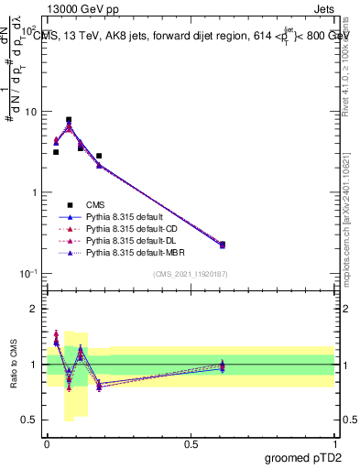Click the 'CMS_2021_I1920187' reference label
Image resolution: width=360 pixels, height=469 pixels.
tap(191, 275)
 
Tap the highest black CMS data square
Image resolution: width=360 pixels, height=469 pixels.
tap(69, 120)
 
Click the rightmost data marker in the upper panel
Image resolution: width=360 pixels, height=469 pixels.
tap(223, 245)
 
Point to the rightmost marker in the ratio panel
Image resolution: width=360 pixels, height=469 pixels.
tap(223, 365)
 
